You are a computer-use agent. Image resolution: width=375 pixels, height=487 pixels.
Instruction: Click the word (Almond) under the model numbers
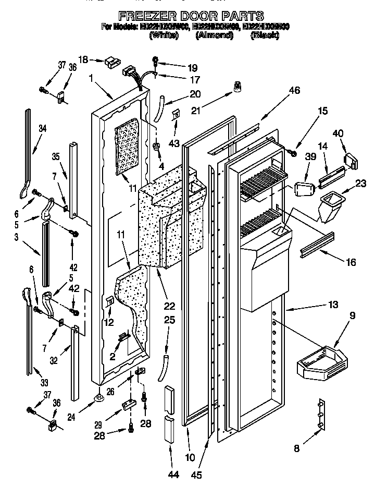point(214,35)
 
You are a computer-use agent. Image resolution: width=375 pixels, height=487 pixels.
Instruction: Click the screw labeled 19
point(155,60)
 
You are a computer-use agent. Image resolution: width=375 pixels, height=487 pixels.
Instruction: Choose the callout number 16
point(351,262)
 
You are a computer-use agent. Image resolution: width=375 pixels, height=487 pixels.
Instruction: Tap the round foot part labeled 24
point(97,399)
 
